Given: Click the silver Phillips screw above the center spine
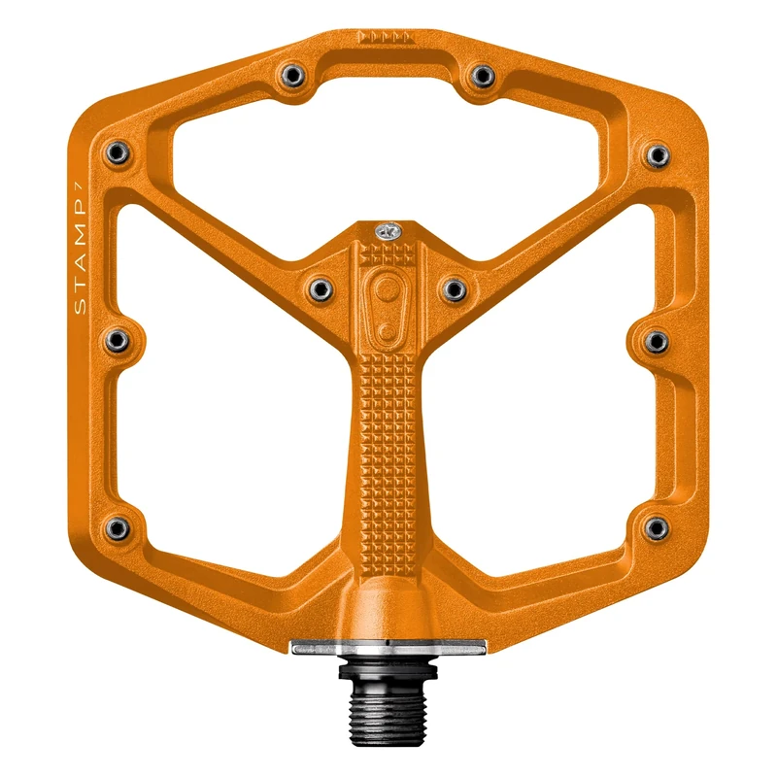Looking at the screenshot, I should pyautogui.click(x=387, y=231).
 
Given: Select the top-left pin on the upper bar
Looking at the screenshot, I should pyautogui.click(x=290, y=75).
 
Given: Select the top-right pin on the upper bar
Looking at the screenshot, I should pyautogui.click(x=480, y=75).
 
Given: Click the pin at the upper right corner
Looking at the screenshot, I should pyautogui.click(x=657, y=153).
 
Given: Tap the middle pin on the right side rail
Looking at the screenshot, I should pyautogui.click(x=657, y=341).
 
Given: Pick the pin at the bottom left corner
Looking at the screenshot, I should pyautogui.click(x=118, y=527).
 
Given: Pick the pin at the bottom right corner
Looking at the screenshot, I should pyautogui.click(x=657, y=527).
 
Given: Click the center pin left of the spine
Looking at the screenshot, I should pyautogui.click(x=320, y=287).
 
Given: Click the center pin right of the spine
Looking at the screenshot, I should pyautogui.click(x=454, y=287).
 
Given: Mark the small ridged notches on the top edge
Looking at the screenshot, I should pyautogui.click(x=386, y=38).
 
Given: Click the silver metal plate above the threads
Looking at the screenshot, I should pyautogui.click(x=388, y=647).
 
